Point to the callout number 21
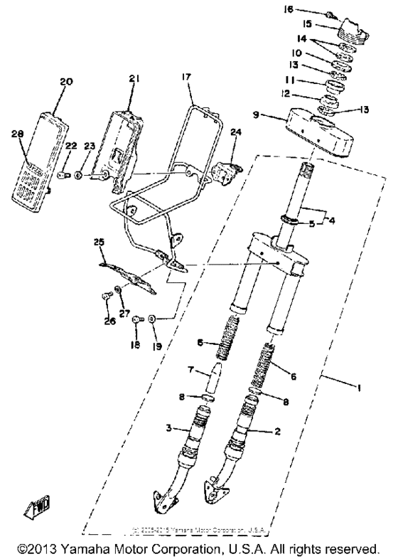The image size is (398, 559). coord(135,78)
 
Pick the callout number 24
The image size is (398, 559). coord(236,132)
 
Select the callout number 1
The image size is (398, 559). coord(358,388)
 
